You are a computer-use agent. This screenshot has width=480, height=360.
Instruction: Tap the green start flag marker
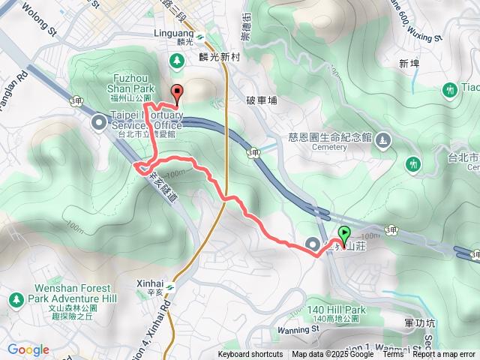coord(344,235)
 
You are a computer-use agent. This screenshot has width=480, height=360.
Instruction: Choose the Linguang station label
coord(180,37)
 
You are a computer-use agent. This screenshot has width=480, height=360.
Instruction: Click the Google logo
coord(28,349)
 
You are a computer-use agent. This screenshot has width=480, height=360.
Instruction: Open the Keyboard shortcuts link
coord(250,355)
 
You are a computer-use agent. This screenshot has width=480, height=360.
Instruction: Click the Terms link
coord(393,355)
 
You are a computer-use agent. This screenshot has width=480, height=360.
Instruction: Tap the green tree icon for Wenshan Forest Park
coord(15,300)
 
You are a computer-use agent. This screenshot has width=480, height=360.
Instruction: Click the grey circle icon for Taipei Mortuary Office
coord(98,121)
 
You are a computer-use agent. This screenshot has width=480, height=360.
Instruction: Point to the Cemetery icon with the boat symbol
coord(383,139)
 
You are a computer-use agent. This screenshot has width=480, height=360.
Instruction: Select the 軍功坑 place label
coord(420,322)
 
